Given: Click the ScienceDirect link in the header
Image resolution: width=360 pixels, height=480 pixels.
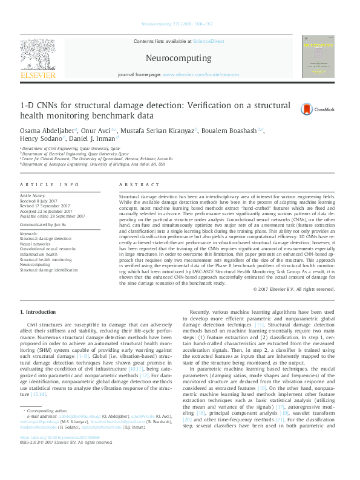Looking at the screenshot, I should click(208, 41).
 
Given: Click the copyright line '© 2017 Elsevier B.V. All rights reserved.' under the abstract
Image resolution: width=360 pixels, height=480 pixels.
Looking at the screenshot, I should click(293, 290).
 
